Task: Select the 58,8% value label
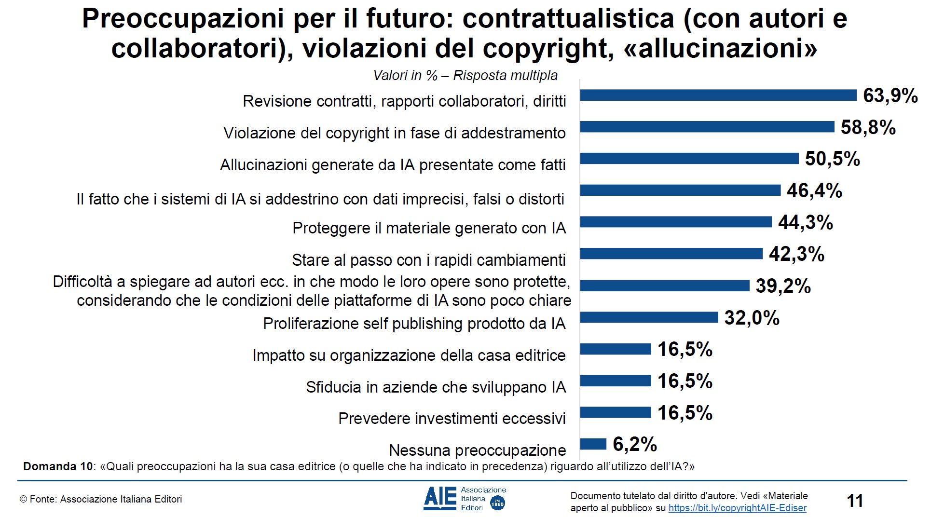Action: click(x=868, y=127)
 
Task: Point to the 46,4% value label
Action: click(x=814, y=190)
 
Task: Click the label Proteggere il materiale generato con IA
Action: click(x=429, y=228)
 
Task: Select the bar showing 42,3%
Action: click(x=671, y=254)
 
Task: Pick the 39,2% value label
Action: click(x=783, y=286)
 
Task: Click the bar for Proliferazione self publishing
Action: click(x=649, y=317)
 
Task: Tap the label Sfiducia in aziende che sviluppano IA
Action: click(x=436, y=387)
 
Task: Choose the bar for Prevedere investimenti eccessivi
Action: click(x=616, y=413)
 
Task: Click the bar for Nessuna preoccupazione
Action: click(x=593, y=444)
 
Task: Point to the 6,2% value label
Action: click(x=634, y=444)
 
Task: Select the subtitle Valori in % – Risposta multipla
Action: click(x=465, y=76)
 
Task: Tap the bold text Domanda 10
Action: click(x=57, y=466)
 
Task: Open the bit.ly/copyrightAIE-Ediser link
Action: click(x=737, y=508)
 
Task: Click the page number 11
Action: click(x=855, y=501)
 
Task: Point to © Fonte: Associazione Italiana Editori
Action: click(x=101, y=500)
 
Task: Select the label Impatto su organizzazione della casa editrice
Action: click(x=409, y=355)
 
